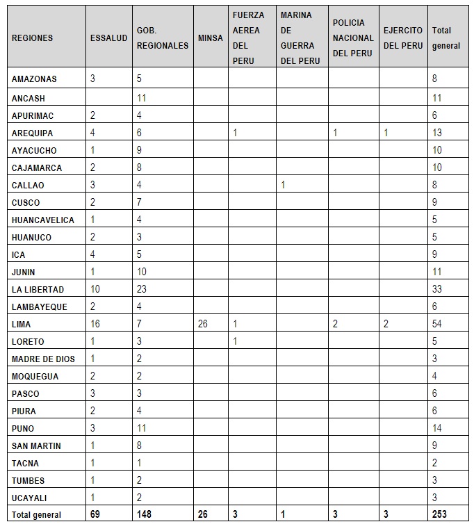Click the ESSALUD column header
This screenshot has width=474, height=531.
tap(108, 38)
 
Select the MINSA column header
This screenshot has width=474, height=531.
tap(210, 38)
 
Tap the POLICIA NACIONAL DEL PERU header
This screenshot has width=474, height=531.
tap(352, 38)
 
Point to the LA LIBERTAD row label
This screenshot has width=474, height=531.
tap(38, 289)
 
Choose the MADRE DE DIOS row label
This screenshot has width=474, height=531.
tap(43, 359)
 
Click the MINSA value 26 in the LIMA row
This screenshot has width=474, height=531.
tap(203, 324)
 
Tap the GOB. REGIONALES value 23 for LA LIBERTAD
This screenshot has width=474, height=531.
tap(142, 289)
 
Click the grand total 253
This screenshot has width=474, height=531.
tap(440, 514)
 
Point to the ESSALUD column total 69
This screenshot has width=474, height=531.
tap(96, 514)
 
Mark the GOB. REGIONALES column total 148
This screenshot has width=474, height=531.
tap(145, 514)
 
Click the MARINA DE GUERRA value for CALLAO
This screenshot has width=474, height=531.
tap(283, 185)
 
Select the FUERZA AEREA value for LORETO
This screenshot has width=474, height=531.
tap(235, 341)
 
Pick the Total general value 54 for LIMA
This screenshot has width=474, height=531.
tap(437, 324)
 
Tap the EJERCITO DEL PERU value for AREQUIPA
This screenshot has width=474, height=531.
tap(386, 133)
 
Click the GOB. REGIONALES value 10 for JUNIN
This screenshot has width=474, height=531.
tap(142, 272)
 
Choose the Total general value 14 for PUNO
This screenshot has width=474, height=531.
tap(437, 428)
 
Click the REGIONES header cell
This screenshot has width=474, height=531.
tap(32, 38)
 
